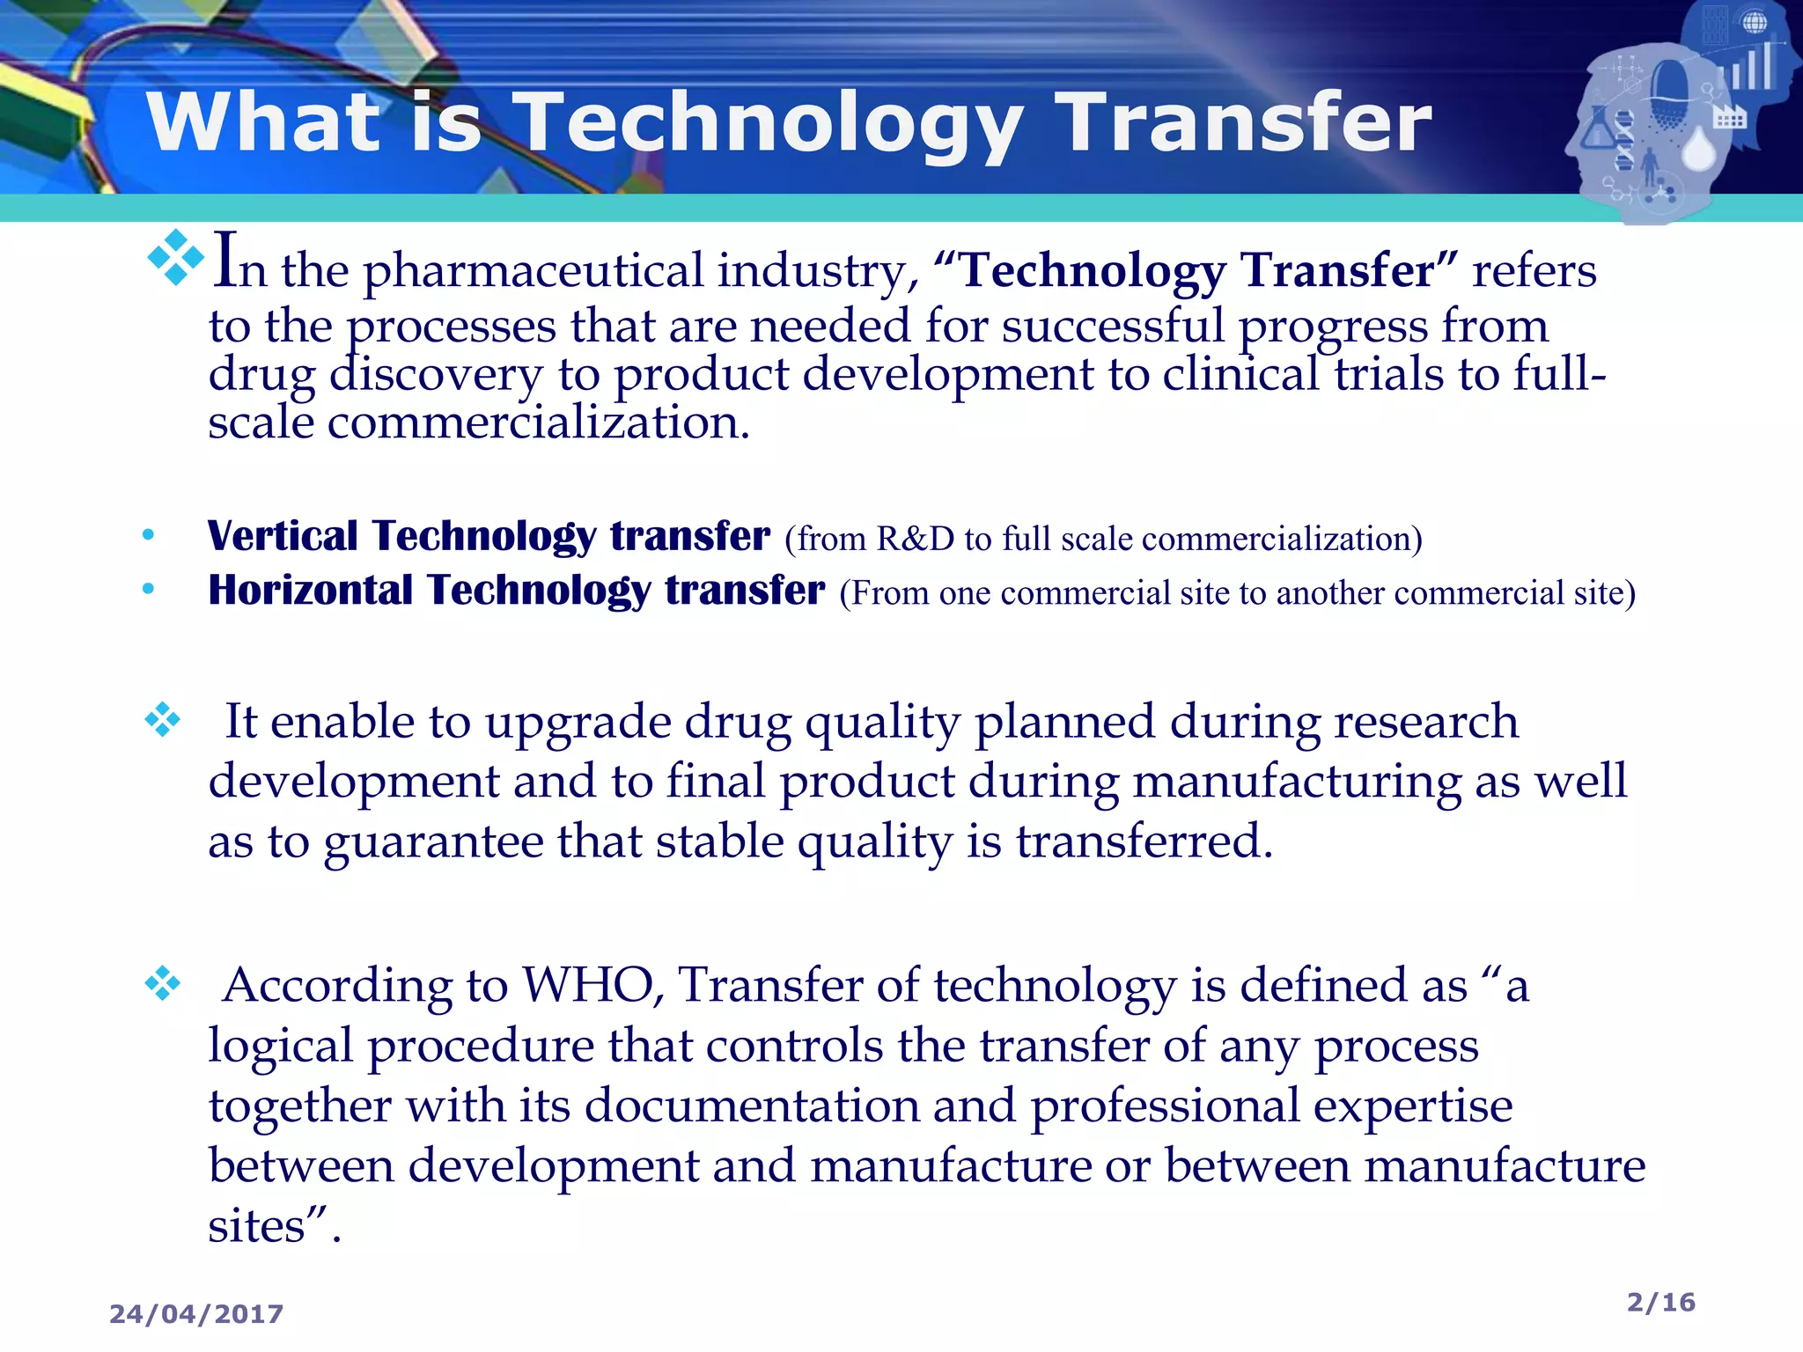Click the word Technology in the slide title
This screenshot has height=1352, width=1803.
click(x=766, y=123)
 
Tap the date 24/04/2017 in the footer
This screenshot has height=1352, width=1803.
click(x=196, y=1314)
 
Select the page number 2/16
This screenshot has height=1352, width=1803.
click(x=1660, y=1302)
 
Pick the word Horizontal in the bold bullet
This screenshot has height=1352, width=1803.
click(x=310, y=591)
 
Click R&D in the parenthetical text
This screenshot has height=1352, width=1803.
click(x=916, y=539)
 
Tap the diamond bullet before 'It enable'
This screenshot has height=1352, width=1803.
click(x=163, y=720)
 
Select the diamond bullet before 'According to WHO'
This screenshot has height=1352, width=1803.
click(x=163, y=983)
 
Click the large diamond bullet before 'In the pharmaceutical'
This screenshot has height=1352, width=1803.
click(x=176, y=257)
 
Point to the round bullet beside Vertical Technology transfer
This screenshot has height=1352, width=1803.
click(x=148, y=535)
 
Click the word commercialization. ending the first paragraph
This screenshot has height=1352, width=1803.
click(x=538, y=422)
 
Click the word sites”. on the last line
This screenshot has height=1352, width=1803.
click(x=274, y=1226)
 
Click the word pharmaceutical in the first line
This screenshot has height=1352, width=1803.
click(x=534, y=271)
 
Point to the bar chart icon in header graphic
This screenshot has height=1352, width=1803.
click(x=1753, y=66)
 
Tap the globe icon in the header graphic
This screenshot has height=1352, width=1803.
click(x=1755, y=22)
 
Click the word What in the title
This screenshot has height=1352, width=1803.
click(x=264, y=123)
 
